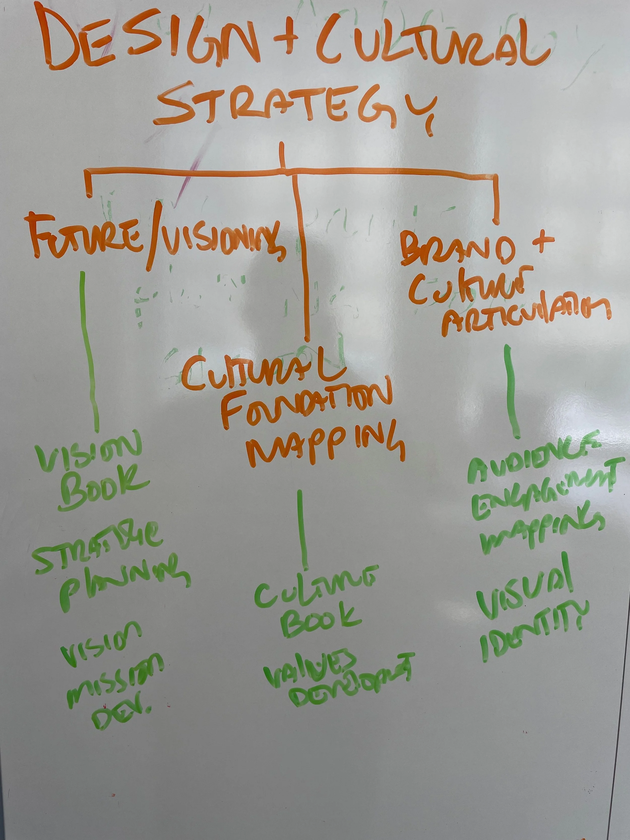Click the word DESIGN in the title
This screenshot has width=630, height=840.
[x=148, y=40]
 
